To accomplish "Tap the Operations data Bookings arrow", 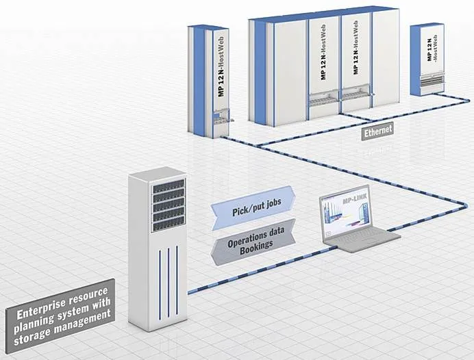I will pos(252,240).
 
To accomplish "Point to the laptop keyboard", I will pos(361,237).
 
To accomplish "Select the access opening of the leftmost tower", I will pos(221,123).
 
